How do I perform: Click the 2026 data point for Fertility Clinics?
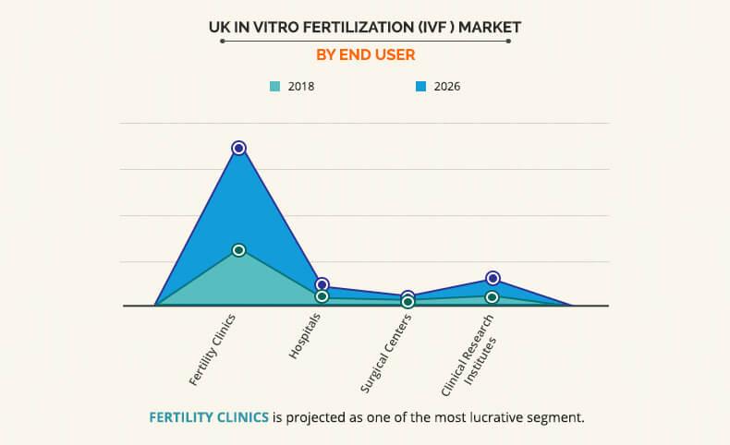(239, 148)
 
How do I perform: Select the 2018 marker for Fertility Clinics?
(239, 250)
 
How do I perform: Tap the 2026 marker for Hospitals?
(322, 284)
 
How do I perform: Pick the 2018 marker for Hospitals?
(322, 296)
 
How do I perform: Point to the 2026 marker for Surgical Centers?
(408, 296)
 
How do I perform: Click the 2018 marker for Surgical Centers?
(408, 302)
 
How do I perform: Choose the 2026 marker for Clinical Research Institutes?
(493, 278)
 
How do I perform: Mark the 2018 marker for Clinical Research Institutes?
(493, 297)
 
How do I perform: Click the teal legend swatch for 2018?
(274, 87)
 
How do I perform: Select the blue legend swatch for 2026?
(420, 87)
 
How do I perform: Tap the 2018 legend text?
(302, 87)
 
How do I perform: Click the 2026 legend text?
(447, 87)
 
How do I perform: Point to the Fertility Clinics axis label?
(213, 349)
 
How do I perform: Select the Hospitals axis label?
(305, 336)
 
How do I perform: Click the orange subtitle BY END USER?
(365, 54)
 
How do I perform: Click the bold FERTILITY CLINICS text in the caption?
(209, 417)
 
